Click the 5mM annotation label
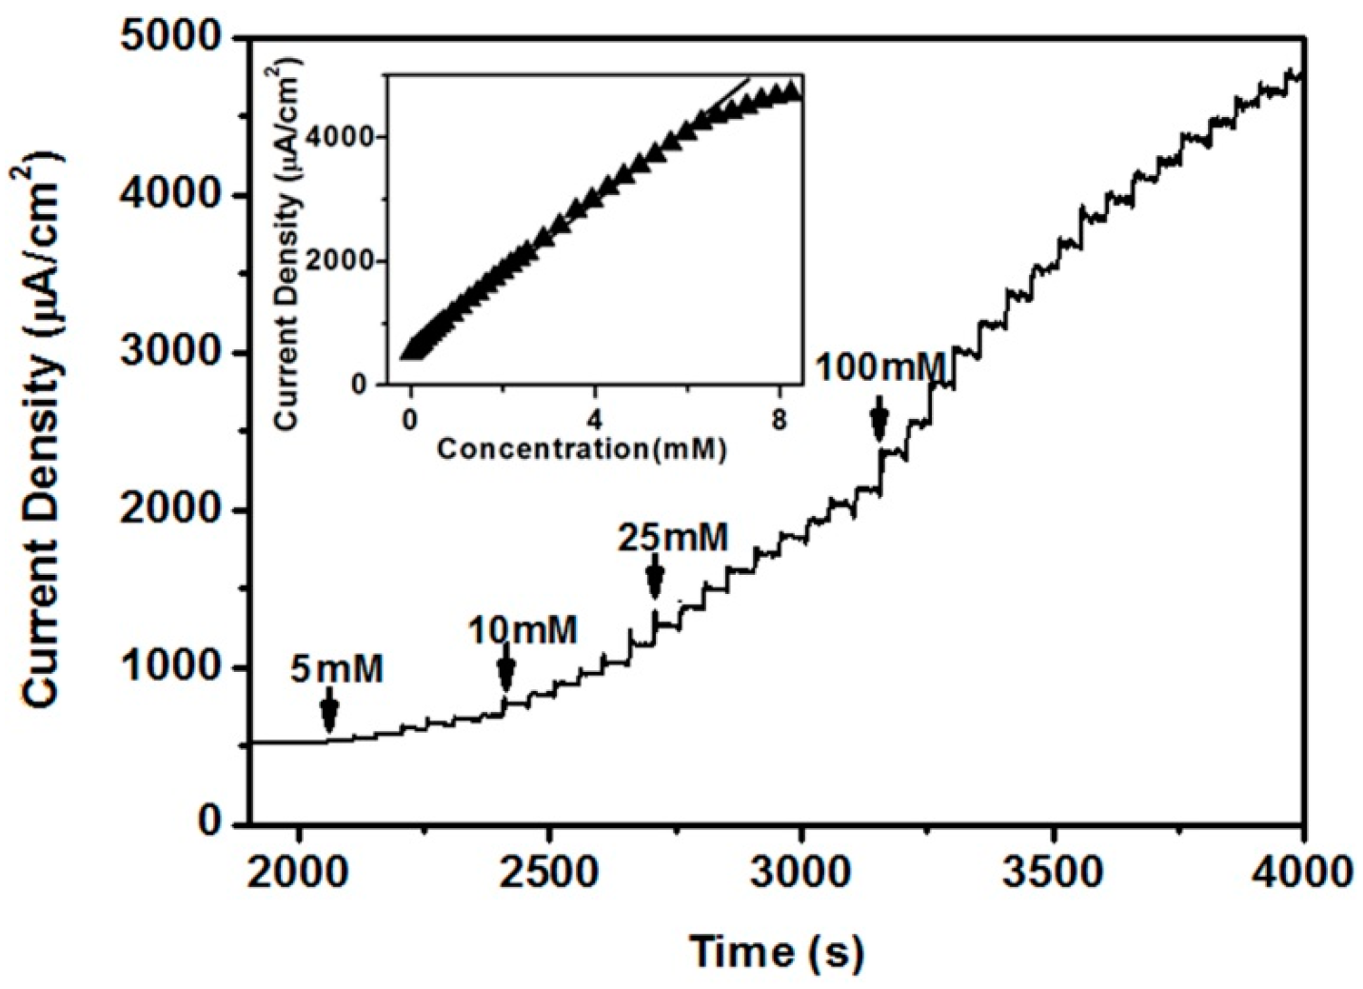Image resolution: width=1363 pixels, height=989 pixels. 337,670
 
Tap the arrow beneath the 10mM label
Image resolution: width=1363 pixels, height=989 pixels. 506,671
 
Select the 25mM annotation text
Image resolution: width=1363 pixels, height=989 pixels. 673,539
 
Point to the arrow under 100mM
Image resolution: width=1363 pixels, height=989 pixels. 880,419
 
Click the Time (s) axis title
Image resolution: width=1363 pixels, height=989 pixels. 777,951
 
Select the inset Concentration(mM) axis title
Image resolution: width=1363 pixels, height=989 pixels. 582,447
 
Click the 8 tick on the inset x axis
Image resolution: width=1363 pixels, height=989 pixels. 779,419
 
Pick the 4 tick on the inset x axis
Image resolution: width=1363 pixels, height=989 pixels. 594,419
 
